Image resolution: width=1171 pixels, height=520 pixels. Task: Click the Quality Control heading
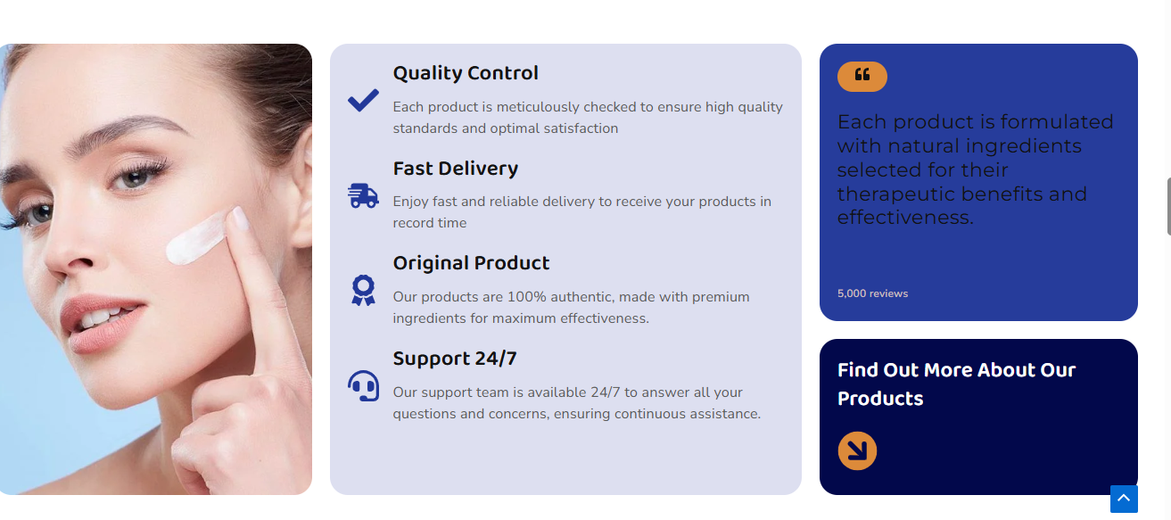point(466,73)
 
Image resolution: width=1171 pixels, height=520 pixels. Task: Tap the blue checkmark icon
point(363,100)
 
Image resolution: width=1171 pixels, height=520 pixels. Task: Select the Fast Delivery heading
point(456,169)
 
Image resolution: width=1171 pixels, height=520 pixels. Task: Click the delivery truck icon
point(363,196)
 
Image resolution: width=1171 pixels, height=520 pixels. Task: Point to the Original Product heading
point(471,263)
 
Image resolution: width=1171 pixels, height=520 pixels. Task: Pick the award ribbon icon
point(363,291)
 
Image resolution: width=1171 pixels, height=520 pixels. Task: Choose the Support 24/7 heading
point(455,359)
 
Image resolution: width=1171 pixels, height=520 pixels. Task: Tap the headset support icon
point(363,386)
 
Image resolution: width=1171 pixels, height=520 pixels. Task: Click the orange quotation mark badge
point(862,77)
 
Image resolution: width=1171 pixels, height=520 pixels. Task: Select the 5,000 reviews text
point(872,293)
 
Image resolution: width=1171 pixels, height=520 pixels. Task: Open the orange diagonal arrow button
point(857,450)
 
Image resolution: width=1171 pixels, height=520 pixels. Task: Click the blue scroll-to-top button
point(1124,499)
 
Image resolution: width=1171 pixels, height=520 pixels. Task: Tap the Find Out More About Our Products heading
point(956,384)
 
